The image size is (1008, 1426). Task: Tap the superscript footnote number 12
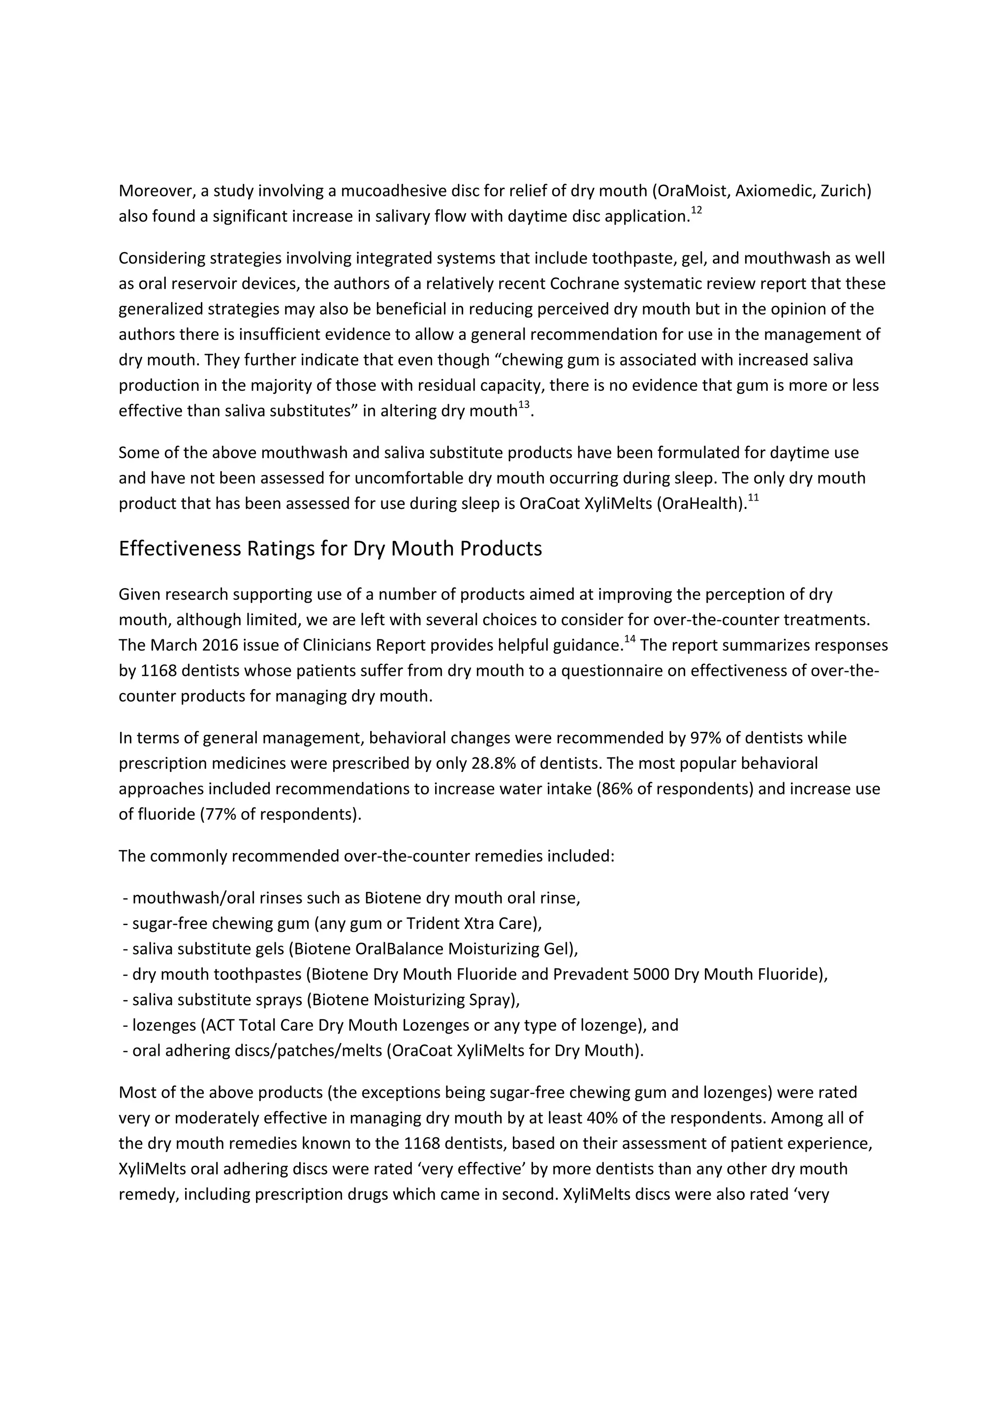click(696, 211)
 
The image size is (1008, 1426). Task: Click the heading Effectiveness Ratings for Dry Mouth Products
click(330, 549)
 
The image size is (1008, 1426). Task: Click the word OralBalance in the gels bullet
click(396, 949)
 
